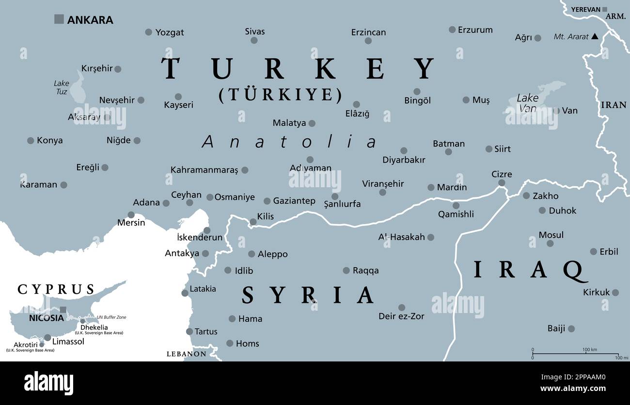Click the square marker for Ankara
(x=59, y=19)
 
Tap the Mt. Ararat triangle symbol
(x=595, y=36)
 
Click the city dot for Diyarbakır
(x=403, y=150)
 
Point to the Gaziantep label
(x=294, y=200)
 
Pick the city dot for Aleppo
(x=252, y=254)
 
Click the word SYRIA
(x=308, y=295)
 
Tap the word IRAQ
(x=529, y=270)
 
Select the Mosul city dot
(x=550, y=243)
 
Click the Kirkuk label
(x=596, y=292)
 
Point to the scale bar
(x=575, y=354)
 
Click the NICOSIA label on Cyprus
(x=46, y=318)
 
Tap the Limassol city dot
(x=47, y=337)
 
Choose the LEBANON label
(x=187, y=354)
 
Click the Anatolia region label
(x=289, y=142)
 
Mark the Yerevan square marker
(x=604, y=9)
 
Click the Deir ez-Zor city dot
(x=401, y=307)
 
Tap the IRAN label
(x=613, y=105)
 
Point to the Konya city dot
(x=31, y=140)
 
